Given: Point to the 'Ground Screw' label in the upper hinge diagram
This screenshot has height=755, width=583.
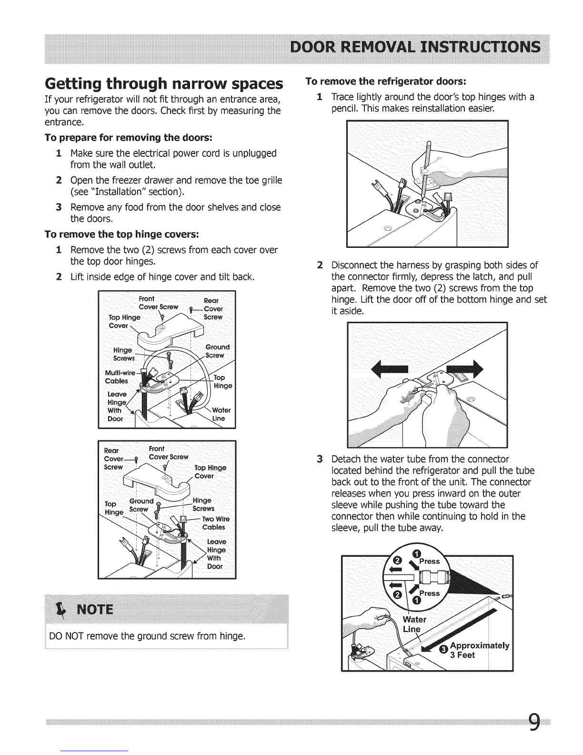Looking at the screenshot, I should (x=217, y=351).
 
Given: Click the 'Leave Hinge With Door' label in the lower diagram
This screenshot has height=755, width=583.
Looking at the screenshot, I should (x=217, y=554).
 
